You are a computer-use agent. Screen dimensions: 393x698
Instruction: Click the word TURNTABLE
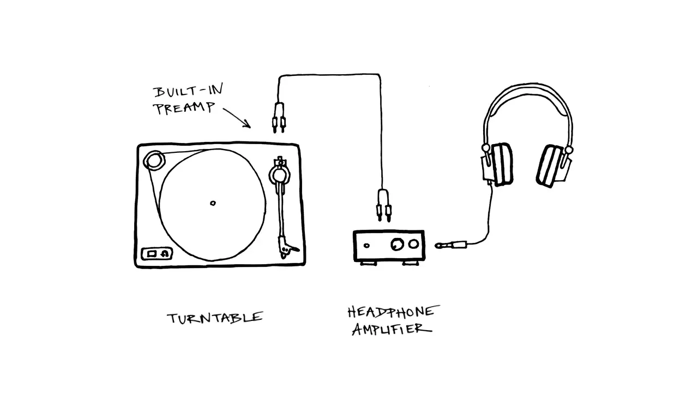(x=215, y=318)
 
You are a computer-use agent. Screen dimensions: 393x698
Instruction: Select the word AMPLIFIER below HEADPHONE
(x=392, y=329)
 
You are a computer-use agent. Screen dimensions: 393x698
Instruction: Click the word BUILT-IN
(x=188, y=92)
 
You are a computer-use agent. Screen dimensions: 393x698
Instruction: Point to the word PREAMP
(x=184, y=108)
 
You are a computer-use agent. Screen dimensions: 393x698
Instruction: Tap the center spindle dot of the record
(x=213, y=204)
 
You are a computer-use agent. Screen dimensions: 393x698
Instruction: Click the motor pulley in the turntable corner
(x=154, y=160)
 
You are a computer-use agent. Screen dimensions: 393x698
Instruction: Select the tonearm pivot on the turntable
(x=280, y=175)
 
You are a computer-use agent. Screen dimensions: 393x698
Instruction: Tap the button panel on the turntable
(x=157, y=254)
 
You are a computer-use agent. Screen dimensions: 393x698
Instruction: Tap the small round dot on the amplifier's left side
(x=367, y=246)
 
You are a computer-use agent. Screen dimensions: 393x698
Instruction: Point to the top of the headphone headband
(x=528, y=88)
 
